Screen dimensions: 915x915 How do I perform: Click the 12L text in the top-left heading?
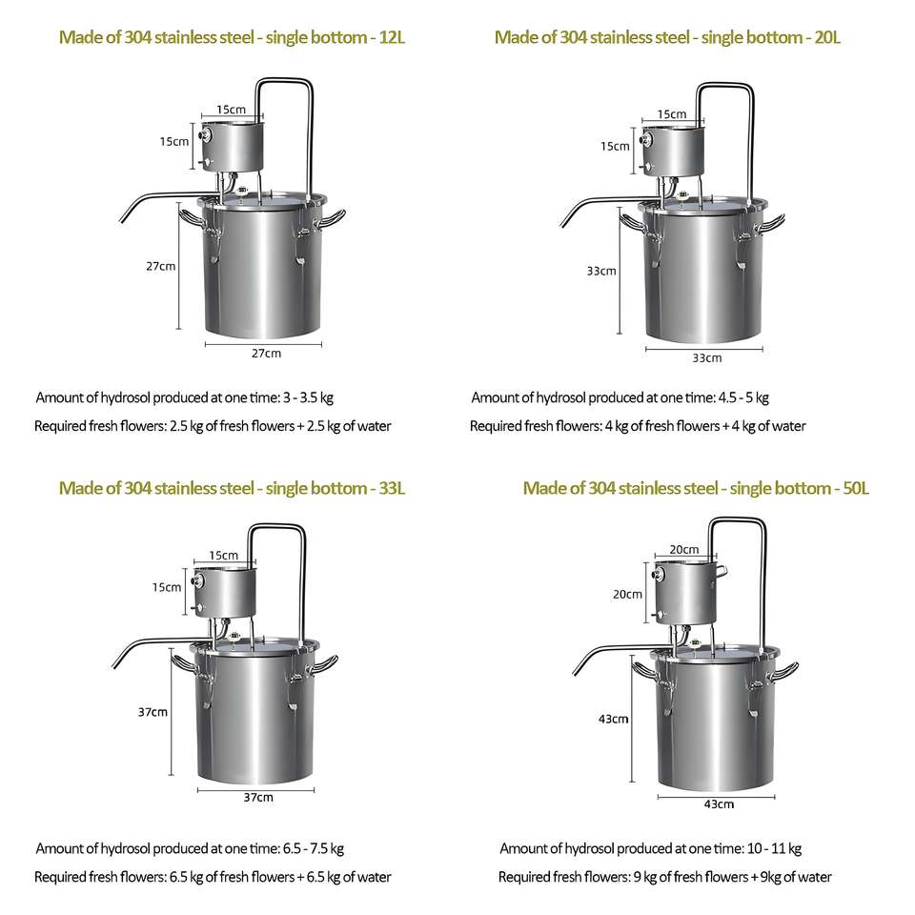[x=392, y=37]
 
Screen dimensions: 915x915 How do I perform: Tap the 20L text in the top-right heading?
[x=827, y=37]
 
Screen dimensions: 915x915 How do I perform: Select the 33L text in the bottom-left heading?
[x=392, y=488]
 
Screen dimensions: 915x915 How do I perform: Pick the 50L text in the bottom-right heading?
[x=856, y=488]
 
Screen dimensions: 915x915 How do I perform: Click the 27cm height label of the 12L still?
[x=160, y=266]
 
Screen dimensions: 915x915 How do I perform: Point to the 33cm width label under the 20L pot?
[x=706, y=357]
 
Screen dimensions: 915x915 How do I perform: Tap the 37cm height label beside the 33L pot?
[x=152, y=712]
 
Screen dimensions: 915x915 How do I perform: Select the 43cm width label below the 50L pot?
[x=719, y=804]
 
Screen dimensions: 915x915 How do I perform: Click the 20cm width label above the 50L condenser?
[x=684, y=549]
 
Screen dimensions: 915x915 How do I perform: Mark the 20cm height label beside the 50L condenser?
[x=627, y=594]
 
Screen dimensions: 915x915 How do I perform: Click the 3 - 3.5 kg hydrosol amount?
[x=308, y=398]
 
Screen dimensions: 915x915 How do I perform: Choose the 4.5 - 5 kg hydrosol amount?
[x=743, y=398]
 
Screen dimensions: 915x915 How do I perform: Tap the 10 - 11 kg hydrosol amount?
[x=774, y=848]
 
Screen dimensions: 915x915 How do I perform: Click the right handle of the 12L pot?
[x=332, y=219]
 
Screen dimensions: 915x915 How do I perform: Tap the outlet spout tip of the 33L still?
[x=114, y=666]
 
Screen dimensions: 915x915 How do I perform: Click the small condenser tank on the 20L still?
[x=673, y=151]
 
